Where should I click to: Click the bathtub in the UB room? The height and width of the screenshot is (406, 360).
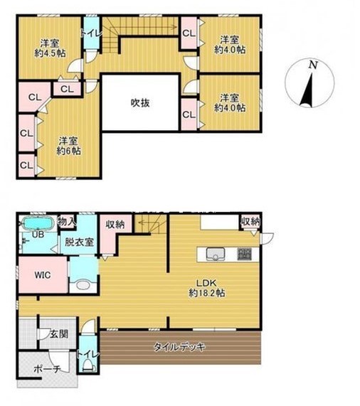pyautogui.click(x=38, y=223)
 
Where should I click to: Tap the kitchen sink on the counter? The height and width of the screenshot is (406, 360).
pyautogui.click(x=215, y=254)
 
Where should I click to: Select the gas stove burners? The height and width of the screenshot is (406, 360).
pyautogui.click(x=244, y=254)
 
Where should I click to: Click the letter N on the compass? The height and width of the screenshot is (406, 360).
pyautogui.click(x=313, y=65)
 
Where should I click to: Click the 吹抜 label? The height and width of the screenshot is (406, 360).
pyautogui.click(x=140, y=103)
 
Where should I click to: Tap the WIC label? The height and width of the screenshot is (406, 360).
pyautogui.click(x=43, y=274)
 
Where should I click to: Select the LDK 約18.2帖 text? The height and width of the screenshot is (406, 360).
pyautogui.click(x=206, y=288)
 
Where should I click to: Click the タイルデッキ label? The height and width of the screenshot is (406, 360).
pyautogui.click(x=179, y=347)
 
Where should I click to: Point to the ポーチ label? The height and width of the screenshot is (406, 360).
pyautogui.click(x=47, y=369)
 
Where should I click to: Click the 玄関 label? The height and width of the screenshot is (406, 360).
pyautogui.click(x=59, y=334)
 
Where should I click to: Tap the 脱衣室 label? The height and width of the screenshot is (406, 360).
pyautogui.click(x=79, y=242)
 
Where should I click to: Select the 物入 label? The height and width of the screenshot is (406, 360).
pyautogui.click(x=67, y=222)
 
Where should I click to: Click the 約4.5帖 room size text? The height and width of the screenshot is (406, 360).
pyautogui.click(x=50, y=53)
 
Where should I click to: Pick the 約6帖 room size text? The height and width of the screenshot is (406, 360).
pyautogui.click(x=68, y=151)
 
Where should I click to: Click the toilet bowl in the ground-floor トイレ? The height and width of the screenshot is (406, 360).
pyautogui.click(x=88, y=365)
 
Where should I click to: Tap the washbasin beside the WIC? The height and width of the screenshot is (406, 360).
pyautogui.click(x=83, y=285)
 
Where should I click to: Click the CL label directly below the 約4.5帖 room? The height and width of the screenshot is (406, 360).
pyautogui.click(x=68, y=89)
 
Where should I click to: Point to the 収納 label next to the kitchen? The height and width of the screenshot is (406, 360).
pyautogui.click(x=250, y=221)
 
